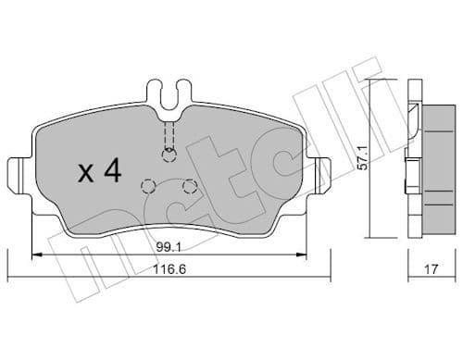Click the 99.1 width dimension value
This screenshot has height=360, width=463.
(168, 246)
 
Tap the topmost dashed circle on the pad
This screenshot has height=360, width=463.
(168, 155)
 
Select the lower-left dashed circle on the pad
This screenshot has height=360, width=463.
(146, 185)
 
